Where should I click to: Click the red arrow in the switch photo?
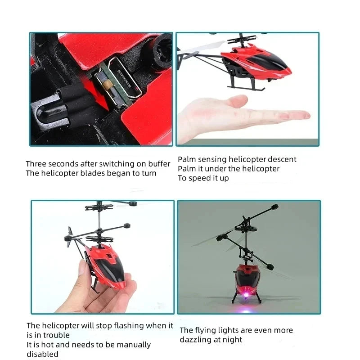100,94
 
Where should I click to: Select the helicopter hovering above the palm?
252,63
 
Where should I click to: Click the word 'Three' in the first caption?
36,164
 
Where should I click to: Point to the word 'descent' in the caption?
282,159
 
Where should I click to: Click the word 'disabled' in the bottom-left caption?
42,354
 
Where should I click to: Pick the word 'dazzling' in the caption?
196,340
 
